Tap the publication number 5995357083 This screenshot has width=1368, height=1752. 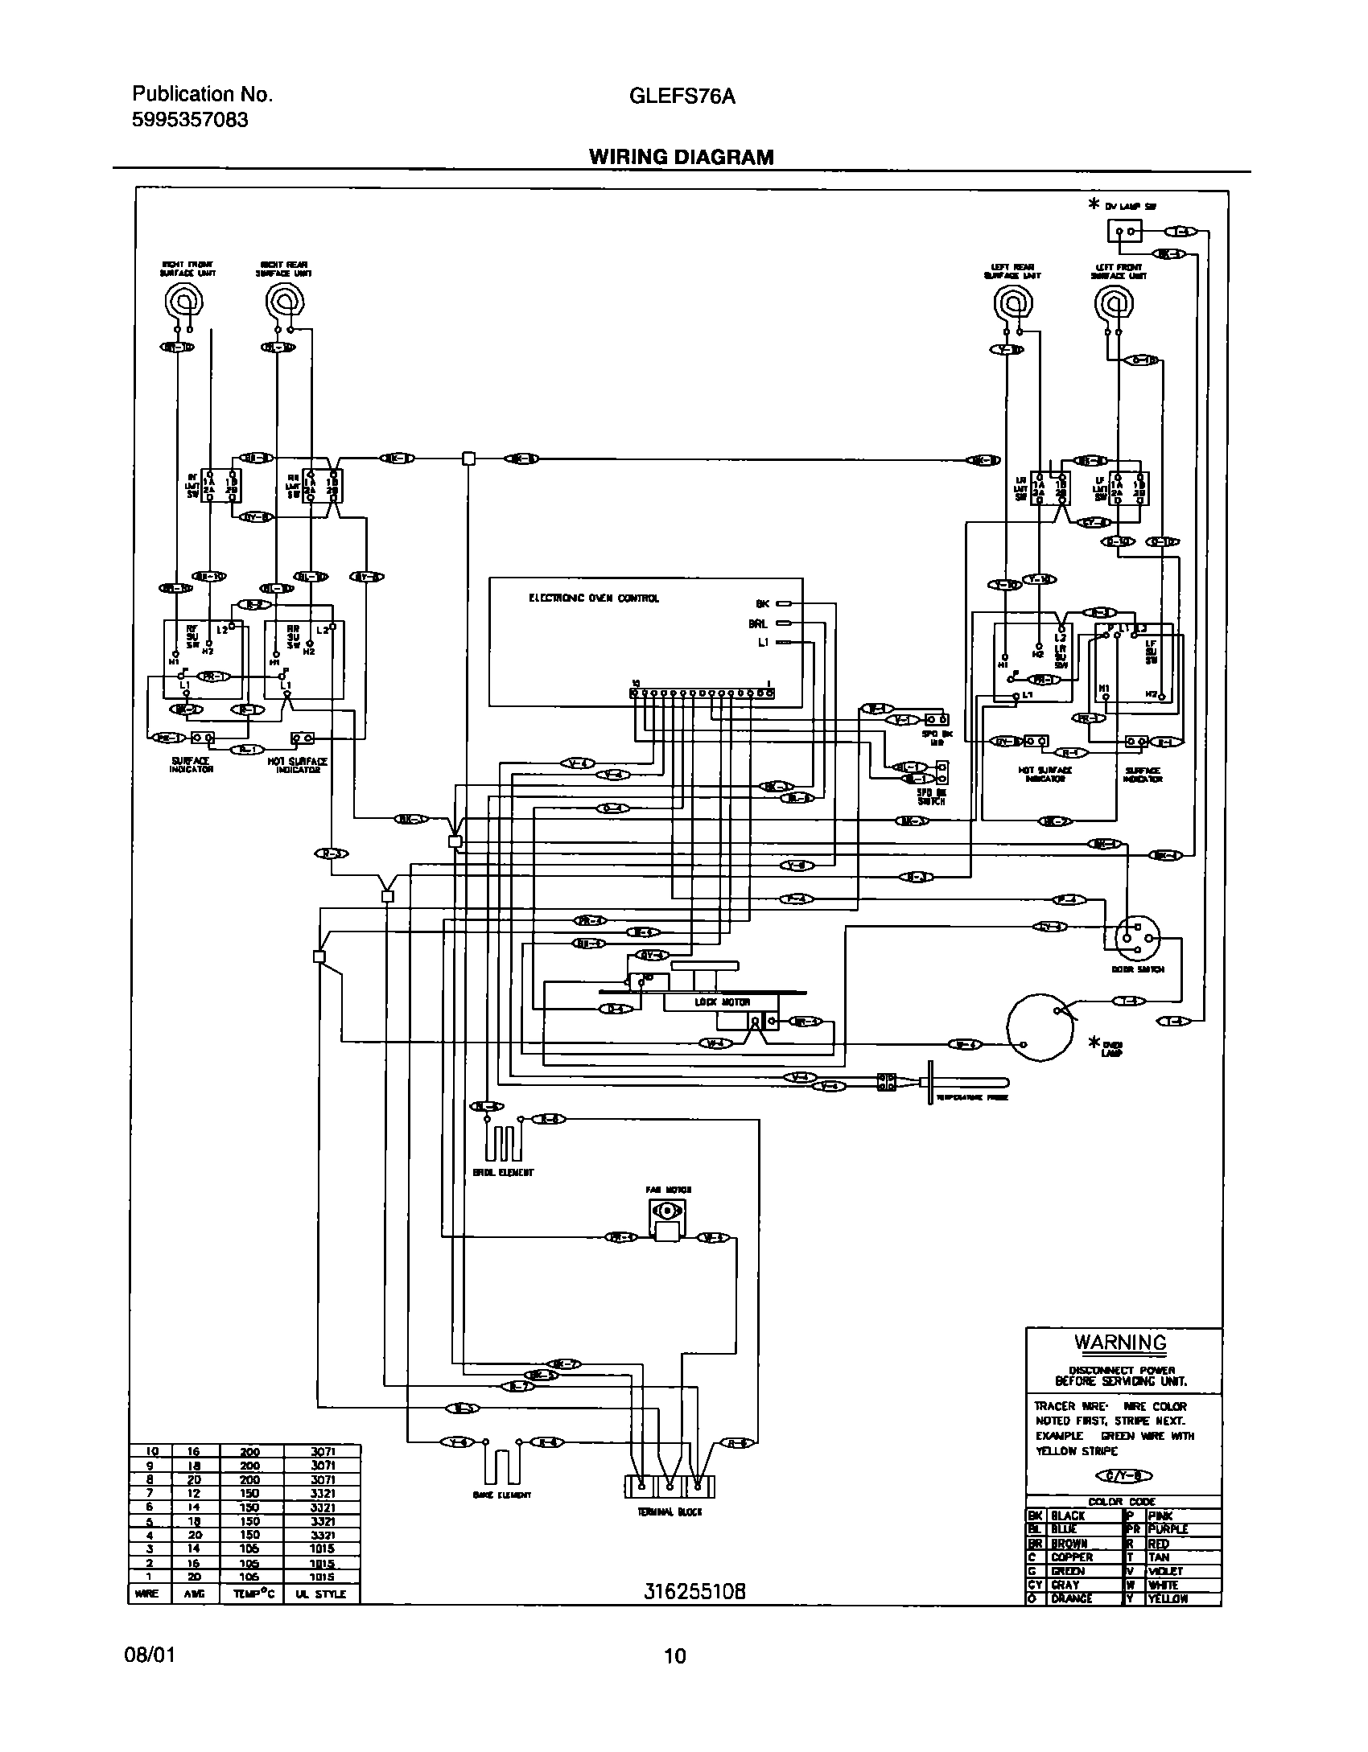coord(190,121)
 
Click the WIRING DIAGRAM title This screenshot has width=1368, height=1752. coord(681,157)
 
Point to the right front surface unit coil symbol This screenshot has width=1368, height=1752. coord(183,304)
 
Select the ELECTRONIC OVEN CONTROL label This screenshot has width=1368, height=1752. coord(593,598)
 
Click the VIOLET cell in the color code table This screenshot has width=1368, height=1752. coord(1167,1571)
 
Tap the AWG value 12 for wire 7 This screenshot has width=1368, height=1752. coord(194,1493)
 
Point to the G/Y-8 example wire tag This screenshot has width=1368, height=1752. coord(1125,1474)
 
